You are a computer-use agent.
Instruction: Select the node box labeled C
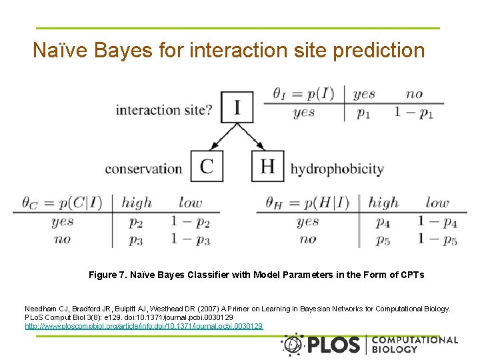207,166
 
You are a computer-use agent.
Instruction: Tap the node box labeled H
267,166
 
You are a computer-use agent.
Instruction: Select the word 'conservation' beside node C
143,168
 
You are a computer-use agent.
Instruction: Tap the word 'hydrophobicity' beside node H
337,168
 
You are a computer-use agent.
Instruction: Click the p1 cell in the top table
363,113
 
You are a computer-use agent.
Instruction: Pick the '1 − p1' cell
414,113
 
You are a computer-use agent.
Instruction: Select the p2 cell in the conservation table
136,223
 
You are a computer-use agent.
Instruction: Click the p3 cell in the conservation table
136,239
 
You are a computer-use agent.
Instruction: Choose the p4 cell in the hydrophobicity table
383,223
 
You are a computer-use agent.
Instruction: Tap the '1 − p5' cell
437,239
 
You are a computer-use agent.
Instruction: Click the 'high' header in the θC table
137,203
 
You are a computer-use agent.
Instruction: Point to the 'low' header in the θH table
437,203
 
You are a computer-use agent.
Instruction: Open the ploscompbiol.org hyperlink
144,326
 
